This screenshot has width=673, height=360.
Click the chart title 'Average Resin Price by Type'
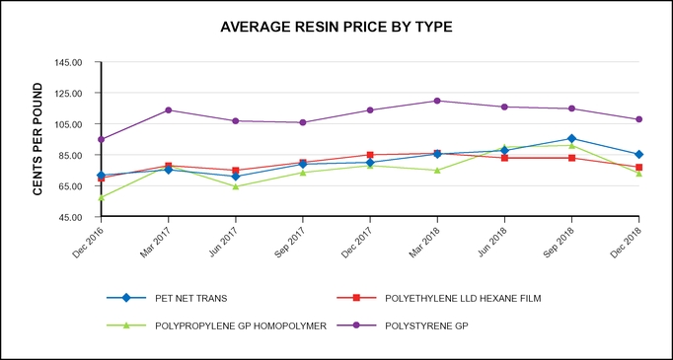(x=336, y=27)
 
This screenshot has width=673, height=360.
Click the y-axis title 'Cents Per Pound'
(x=37, y=139)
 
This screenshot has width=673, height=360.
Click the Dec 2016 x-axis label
(x=91, y=241)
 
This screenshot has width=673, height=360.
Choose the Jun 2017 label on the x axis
(x=225, y=241)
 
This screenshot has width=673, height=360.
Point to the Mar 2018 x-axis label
(x=426, y=241)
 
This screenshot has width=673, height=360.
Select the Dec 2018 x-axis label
(x=628, y=241)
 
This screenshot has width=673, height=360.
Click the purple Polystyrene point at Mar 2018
(x=437, y=101)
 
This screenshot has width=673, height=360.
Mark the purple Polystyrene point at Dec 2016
(x=101, y=139)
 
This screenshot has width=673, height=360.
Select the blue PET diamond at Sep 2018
(x=571, y=139)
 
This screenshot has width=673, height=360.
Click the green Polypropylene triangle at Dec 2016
(x=101, y=197)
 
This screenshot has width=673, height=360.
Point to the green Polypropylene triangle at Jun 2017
(x=235, y=185)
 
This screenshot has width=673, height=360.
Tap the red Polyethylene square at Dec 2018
(x=638, y=168)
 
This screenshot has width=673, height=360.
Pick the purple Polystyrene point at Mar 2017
(x=168, y=109)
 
